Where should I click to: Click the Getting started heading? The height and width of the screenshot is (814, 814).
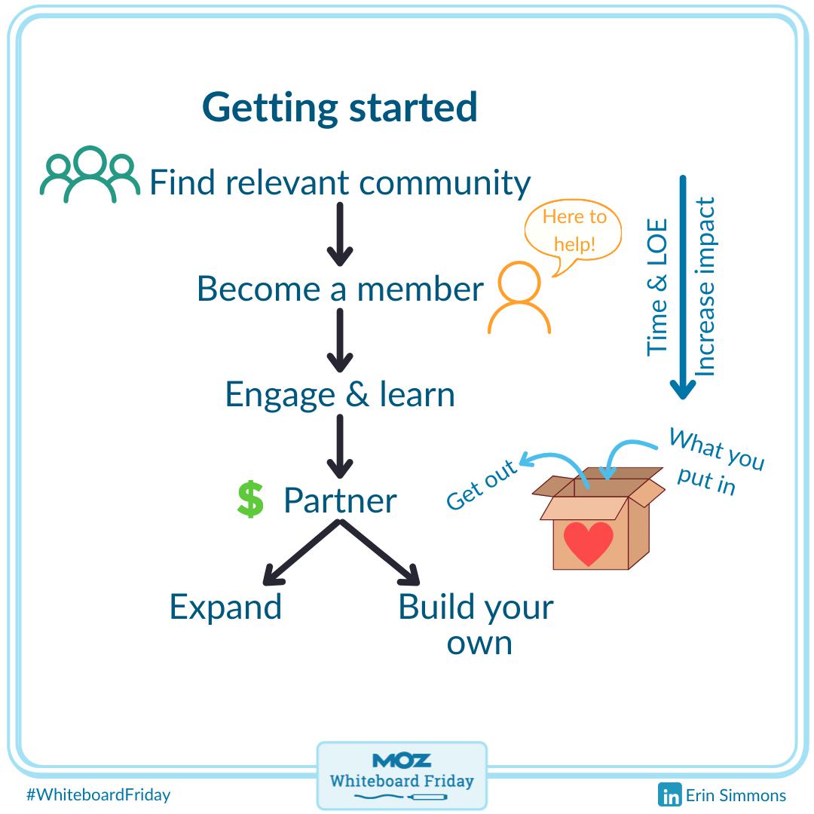[x=340, y=107]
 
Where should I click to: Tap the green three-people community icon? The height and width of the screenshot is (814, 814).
[x=90, y=175]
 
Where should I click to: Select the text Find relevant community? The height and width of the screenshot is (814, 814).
[x=340, y=183]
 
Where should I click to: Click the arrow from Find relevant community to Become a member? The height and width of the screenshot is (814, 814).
[x=340, y=234]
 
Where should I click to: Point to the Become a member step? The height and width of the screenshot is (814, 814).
[x=340, y=289]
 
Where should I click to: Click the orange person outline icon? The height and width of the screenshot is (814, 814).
[x=519, y=297]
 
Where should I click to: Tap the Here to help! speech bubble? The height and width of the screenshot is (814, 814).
[x=574, y=231]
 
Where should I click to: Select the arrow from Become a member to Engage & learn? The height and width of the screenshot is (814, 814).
[x=340, y=340]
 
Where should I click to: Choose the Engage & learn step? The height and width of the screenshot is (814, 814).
[x=340, y=395]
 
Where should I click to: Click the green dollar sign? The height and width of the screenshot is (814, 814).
[x=250, y=500]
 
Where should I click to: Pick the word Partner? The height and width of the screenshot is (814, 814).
[x=340, y=501]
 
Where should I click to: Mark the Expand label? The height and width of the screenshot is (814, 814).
[x=225, y=607]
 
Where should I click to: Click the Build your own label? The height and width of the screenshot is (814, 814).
[x=476, y=624]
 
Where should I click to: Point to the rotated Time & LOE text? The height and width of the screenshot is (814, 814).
[x=658, y=286]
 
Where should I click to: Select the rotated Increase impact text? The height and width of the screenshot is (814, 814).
[x=705, y=286]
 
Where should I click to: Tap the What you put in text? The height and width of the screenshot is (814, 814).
[x=712, y=461]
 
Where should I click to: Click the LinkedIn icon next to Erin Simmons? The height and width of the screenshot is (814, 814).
[x=669, y=795]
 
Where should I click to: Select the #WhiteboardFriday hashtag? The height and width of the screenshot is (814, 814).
[x=98, y=794]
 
